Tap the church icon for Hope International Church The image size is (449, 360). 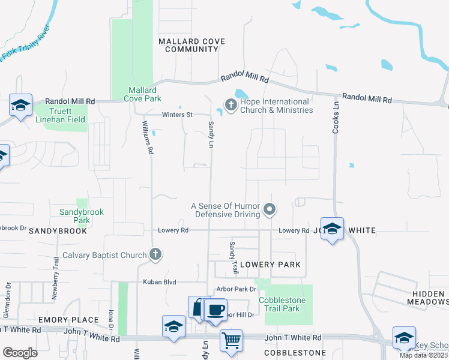(x=231, y=106)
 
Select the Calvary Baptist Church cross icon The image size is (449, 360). (x=155, y=254)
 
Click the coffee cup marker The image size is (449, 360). (x=215, y=310)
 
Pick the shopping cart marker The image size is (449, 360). (x=231, y=341)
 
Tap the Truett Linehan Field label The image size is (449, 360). (x=61, y=115)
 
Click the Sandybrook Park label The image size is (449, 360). (x=82, y=216)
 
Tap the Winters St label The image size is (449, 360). (x=176, y=115)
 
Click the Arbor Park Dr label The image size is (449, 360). (x=233, y=289)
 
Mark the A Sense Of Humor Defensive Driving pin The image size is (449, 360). (x=270, y=209)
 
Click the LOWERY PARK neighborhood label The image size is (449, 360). (x=270, y=265)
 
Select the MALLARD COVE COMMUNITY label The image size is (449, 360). (x=191, y=45)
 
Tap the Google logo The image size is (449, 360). (x=20, y=353)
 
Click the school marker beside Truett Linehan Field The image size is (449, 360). (x=20, y=106)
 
